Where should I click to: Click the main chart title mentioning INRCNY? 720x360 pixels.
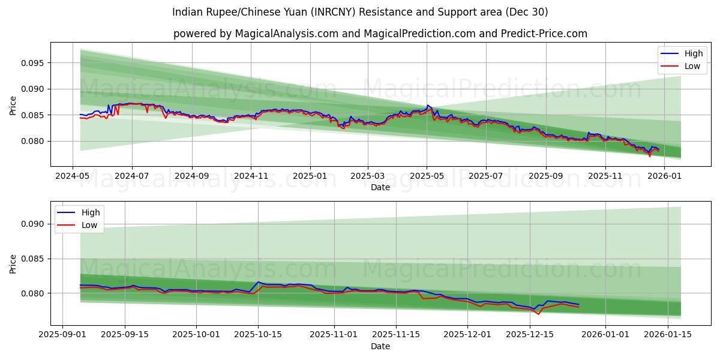(359, 12)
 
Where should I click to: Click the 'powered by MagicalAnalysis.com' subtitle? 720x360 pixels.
(380, 34)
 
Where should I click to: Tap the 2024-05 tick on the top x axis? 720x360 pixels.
(73, 176)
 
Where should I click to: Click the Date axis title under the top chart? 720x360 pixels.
(380, 187)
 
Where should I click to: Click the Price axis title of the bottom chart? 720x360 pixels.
(13, 263)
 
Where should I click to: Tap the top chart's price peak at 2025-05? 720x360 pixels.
(428, 106)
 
